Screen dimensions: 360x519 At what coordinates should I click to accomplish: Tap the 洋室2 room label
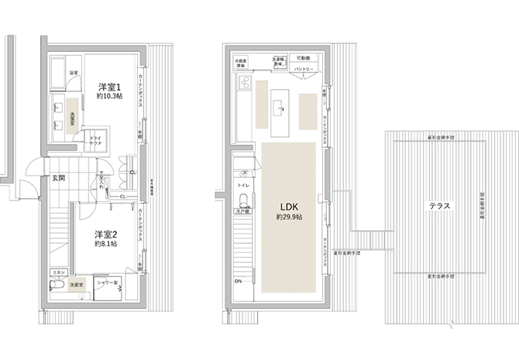tap(105, 233)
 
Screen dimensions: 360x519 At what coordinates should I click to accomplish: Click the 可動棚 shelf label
tap(304, 58)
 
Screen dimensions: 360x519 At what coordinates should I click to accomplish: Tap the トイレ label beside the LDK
tap(242, 186)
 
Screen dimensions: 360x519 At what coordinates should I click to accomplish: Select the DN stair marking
tap(237, 281)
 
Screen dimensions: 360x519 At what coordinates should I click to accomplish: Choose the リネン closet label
tap(57, 273)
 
